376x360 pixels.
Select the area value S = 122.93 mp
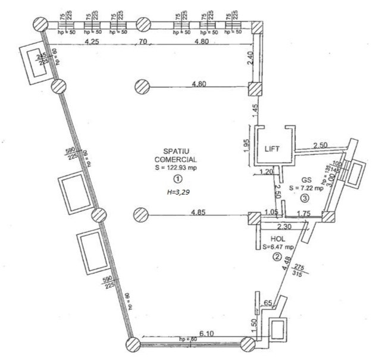(177, 169)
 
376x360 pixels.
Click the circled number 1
(177, 179)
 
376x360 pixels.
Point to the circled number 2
(277, 257)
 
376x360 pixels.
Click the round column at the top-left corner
(39, 24)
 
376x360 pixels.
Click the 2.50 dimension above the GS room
(320, 145)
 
